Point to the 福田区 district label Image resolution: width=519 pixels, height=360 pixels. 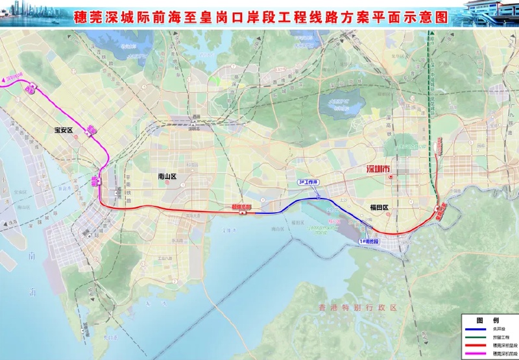[x=378, y=208]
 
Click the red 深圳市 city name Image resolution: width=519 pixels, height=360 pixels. [x=377, y=170]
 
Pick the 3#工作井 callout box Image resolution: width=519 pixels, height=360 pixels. [x=309, y=182]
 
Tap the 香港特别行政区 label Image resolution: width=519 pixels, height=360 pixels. [x=357, y=307]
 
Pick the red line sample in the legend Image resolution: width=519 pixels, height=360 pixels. [x=475, y=346]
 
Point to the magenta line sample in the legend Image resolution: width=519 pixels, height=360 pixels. [x=475, y=354]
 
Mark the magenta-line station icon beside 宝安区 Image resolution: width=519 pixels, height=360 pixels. [x=93, y=130]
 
